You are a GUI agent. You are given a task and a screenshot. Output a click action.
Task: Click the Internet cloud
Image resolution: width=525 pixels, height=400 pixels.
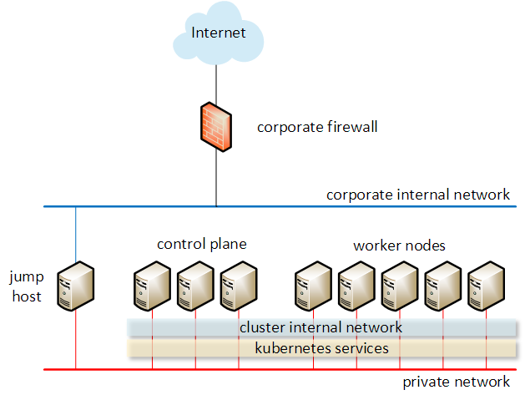tap(217, 33)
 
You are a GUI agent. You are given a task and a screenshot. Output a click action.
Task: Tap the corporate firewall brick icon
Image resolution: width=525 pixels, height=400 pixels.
tap(216, 126)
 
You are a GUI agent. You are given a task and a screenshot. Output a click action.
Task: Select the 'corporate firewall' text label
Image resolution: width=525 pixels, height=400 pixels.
tap(317, 127)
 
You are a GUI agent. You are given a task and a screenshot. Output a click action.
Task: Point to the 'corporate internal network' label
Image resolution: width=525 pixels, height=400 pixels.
tap(417, 195)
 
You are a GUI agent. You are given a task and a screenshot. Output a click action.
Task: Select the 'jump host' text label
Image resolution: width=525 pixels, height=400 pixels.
tap(26, 286)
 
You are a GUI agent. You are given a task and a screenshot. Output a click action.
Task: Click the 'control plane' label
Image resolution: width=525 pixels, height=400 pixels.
tap(202, 244)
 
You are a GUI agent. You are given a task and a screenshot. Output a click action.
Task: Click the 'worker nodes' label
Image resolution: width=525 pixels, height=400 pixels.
tap(399, 246)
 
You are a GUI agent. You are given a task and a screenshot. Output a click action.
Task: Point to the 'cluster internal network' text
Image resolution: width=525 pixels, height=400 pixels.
tap(321, 327)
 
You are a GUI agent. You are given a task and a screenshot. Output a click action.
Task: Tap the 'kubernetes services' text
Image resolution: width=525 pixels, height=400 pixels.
tap(321, 347)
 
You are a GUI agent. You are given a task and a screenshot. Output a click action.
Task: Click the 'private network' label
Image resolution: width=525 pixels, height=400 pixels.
tap(456, 382)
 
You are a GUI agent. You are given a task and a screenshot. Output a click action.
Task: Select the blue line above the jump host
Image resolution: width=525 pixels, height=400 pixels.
tap(76, 234)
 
